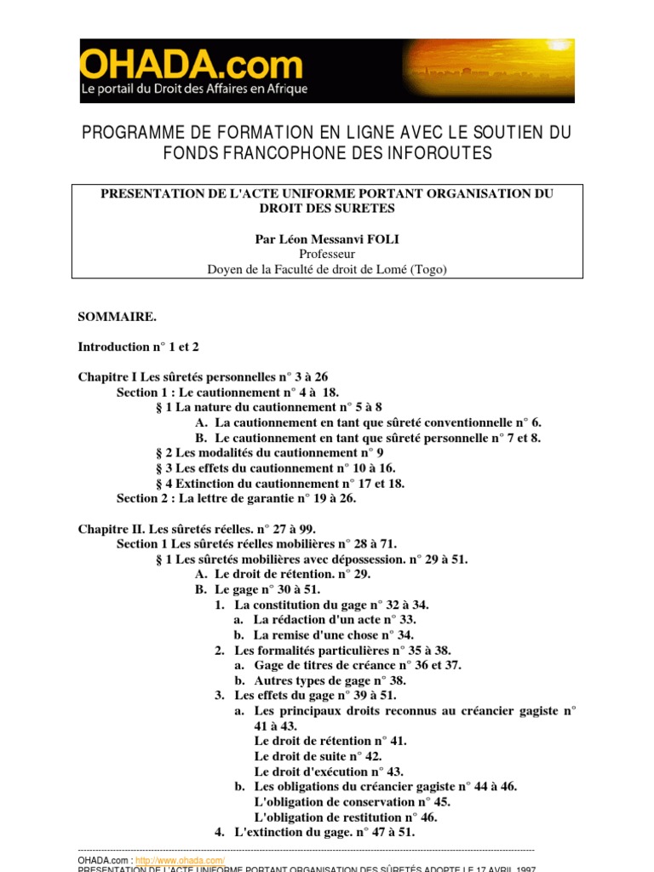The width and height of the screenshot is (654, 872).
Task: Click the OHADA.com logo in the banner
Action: pos(192,65)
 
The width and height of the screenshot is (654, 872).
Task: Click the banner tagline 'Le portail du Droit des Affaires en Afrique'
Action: pos(194,89)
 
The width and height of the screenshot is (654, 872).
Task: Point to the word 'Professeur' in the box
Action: pos(327,254)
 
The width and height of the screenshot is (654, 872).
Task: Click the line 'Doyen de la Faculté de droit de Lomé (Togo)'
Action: pos(327,269)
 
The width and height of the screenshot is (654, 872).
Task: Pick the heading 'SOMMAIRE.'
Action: pos(118,316)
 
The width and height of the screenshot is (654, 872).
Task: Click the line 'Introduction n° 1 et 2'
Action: pos(138,347)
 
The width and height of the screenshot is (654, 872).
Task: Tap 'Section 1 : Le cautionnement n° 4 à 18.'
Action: pos(227,392)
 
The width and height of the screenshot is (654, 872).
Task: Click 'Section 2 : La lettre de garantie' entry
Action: pos(236,498)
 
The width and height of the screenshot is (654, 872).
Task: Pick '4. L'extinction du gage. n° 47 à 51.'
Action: pos(314,832)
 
